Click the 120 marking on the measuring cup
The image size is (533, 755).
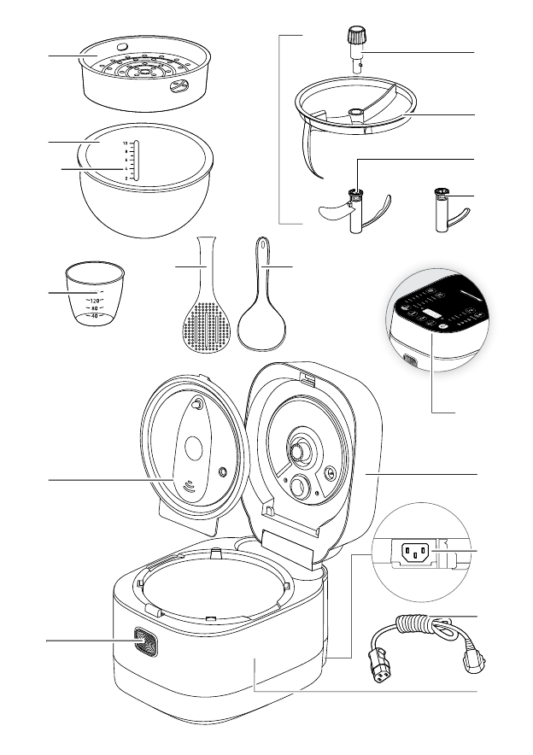(x=95, y=301)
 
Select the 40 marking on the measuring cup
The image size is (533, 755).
(x=95, y=316)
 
